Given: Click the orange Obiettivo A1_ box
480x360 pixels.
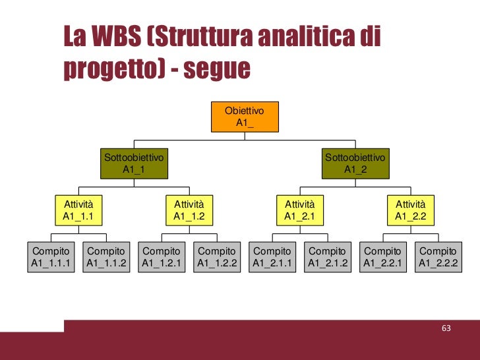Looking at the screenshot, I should [x=245, y=117].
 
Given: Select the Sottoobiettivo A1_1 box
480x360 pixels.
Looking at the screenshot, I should [x=134, y=164].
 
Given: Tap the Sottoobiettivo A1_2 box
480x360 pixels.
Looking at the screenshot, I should [x=355, y=164].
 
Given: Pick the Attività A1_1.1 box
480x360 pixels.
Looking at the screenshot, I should [x=78, y=210].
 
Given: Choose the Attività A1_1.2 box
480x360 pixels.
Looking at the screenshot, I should [x=189, y=210].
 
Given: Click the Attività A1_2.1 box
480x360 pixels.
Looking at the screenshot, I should [x=300, y=210].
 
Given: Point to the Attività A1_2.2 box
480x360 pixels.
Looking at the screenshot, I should [x=411, y=210].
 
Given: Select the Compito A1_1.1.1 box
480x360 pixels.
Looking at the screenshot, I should [x=51, y=257].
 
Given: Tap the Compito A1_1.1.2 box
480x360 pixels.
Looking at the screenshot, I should [x=106, y=257].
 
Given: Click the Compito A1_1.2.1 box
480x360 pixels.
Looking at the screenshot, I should [x=162, y=257].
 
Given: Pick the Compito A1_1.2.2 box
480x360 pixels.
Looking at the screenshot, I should [x=217, y=257].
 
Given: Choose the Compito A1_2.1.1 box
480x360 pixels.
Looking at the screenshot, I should [x=272, y=257].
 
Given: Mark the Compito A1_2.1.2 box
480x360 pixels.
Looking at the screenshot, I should [x=328, y=257].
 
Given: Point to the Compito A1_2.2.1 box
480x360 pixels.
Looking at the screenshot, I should [x=383, y=257].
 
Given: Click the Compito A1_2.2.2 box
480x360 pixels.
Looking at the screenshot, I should [x=438, y=257].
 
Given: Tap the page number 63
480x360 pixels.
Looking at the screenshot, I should [x=446, y=328].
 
